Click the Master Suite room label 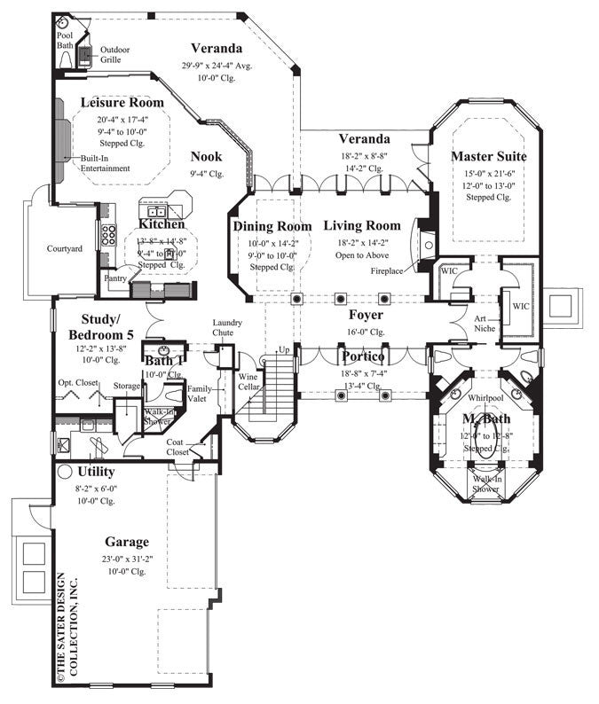(x=489, y=157)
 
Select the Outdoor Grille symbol (x=85, y=56)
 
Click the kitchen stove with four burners (x=110, y=235)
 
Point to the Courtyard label (x=65, y=248)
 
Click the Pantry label (x=115, y=278)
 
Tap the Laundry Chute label (x=228, y=327)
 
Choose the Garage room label (x=127, y=541)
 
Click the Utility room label (x=95, y=473)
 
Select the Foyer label (x=365, y=315)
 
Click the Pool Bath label (x=67, y=37)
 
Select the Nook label (x=206, y=157)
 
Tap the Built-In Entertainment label (x=105, y=163)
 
